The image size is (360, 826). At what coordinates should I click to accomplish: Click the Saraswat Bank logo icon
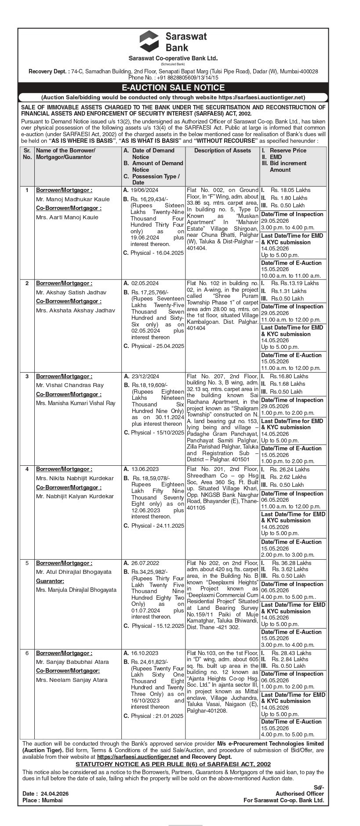point(149,41)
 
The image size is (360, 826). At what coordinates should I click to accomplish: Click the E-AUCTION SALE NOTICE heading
point(173,88)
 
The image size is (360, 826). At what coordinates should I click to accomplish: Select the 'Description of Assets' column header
point(222,151)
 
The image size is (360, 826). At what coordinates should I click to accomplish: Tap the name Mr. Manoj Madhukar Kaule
point(73,199)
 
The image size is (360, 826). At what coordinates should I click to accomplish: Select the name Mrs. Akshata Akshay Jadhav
point(76,310)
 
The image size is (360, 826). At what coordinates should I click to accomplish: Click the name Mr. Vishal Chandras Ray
point(70,385)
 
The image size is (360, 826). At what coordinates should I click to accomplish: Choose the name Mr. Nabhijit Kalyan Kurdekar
point(75,496)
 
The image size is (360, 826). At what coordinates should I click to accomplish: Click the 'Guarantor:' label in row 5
point(50,581)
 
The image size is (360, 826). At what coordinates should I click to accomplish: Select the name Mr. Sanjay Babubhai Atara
point(73,662)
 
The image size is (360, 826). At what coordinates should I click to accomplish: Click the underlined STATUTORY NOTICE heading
point(173,764)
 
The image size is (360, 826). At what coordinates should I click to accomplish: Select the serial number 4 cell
point(27,469)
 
